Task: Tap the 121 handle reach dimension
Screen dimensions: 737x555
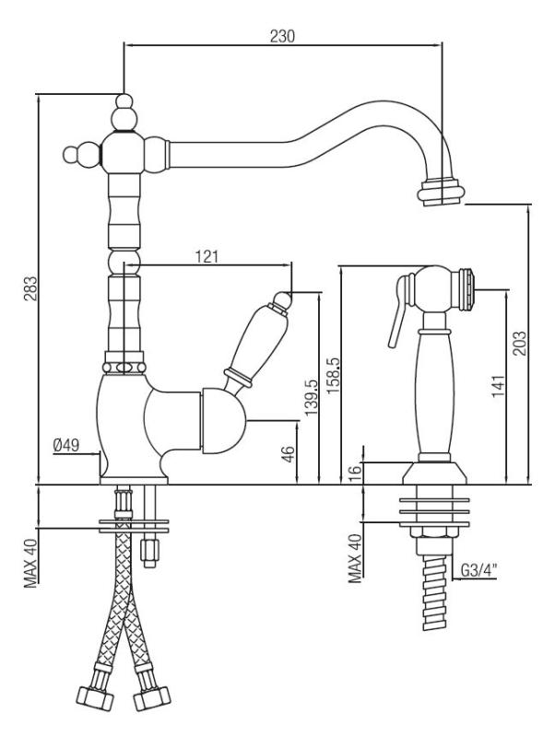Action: click(207, 258)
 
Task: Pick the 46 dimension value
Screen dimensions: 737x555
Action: click(288, 454)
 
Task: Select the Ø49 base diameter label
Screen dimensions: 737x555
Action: click(67, 446)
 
